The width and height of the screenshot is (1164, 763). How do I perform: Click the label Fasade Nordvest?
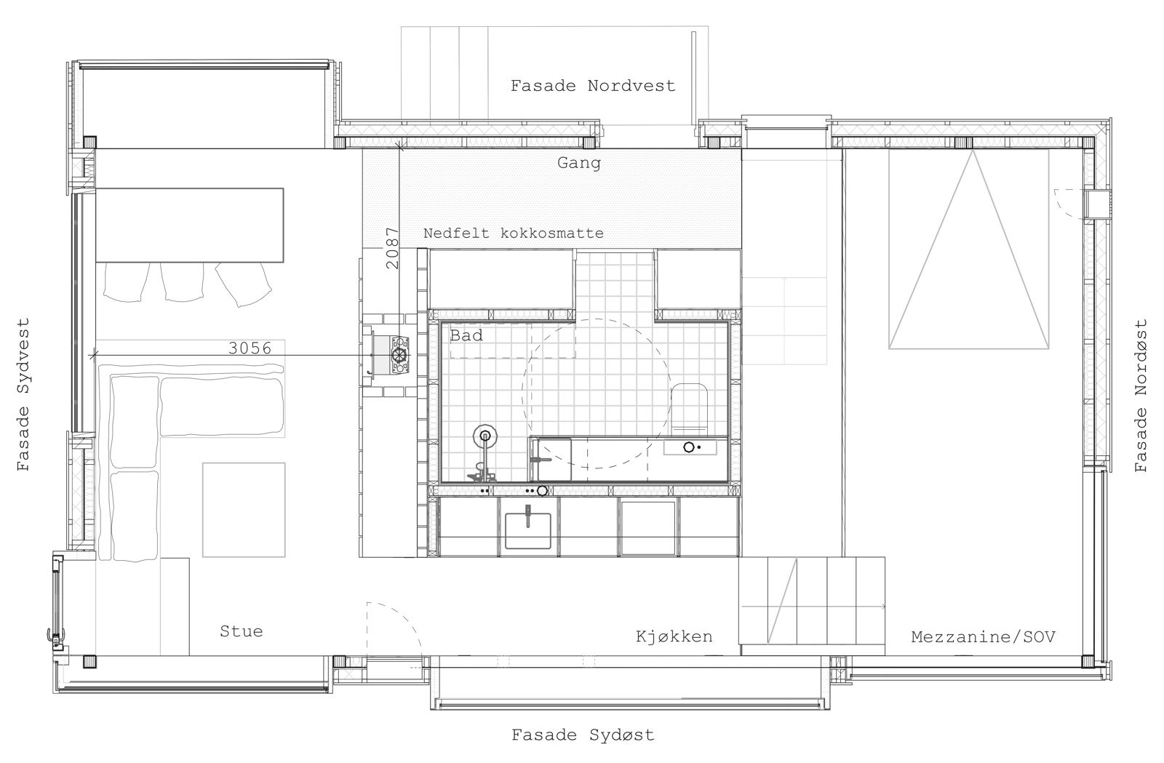(593, 86)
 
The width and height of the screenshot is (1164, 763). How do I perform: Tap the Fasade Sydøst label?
(583, 735)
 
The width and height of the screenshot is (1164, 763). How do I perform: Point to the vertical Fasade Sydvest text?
(23, 395)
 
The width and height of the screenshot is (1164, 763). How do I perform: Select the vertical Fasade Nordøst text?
(1141, 396)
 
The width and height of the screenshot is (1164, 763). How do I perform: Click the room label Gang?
(579, 163)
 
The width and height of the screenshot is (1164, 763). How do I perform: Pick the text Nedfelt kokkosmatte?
(514, 233)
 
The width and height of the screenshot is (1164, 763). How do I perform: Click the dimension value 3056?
(250, 348)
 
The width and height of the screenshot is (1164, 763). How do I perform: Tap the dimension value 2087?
(392, 248)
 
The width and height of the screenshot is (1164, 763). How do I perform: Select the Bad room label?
(466, 335)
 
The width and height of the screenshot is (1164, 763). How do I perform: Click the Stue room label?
(241, 631)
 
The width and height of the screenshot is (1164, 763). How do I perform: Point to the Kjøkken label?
(674, 636)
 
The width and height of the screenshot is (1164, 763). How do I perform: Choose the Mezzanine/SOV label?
(983, 636)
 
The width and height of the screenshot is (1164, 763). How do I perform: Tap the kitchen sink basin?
(528, 530)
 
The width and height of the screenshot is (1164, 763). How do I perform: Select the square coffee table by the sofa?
(244, 510)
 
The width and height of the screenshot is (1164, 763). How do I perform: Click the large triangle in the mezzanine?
(968, 249)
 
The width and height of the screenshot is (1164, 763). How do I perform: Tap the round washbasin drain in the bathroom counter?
(688, 447)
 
